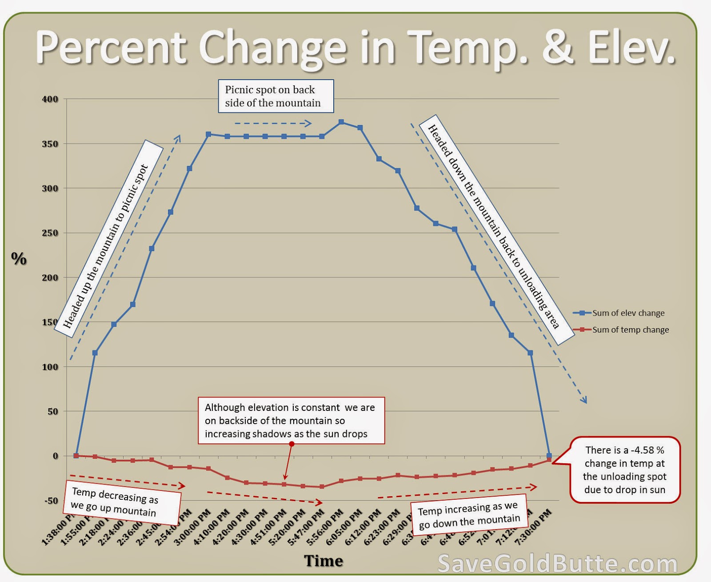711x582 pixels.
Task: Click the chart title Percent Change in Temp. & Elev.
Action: click(x=355, y=48)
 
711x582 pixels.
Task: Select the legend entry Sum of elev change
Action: click(x=628, y=313)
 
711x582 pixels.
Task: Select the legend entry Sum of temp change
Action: click(x=630, y=330)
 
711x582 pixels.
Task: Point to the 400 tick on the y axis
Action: click(x=50, y=99)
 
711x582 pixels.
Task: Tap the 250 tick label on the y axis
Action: click(x=50, y=233)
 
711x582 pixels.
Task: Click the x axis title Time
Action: click(x=324, y=561)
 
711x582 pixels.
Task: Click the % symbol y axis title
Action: click(x=19, y=258)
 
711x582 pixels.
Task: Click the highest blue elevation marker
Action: click(x=341, y=122)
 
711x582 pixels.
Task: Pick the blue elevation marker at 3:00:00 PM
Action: click(x=208, y=134)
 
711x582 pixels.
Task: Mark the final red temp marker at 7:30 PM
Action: click(x=549, y=460)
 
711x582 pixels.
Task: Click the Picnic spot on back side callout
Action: click(x=276, y=96)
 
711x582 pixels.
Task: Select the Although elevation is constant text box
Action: click(x=291, y=421)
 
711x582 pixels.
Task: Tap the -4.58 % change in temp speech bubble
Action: click(x=624, y=470)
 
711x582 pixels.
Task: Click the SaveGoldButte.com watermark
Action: click(x=557, y=564)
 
